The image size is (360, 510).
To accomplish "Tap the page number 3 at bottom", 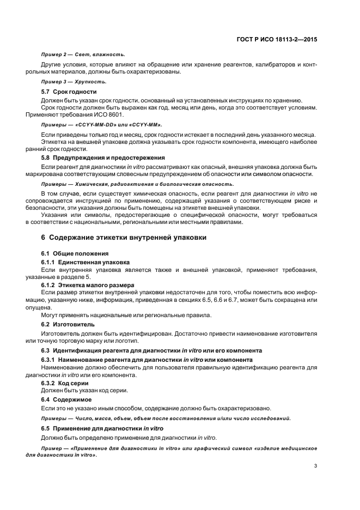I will pyautogui.click(x=316, y=466).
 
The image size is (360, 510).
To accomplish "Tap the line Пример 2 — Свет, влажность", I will pyautogui.click(x=83, y=54).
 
